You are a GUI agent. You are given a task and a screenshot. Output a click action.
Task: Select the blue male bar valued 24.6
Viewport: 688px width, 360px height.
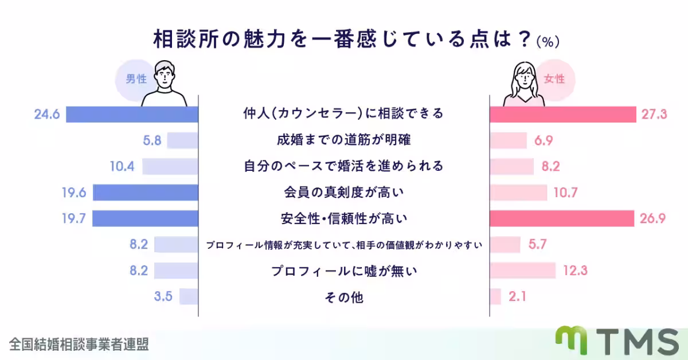(x=132, y=114)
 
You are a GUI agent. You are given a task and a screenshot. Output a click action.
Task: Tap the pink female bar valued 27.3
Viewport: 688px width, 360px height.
(x=563, y=114)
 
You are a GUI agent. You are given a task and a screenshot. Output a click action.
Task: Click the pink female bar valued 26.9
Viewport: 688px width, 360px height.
(x=562, y=218)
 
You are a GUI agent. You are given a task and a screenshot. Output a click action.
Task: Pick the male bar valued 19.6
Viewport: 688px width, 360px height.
(x=146, y=193)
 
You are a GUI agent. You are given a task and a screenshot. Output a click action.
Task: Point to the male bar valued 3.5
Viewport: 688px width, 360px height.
(x=189, y=296)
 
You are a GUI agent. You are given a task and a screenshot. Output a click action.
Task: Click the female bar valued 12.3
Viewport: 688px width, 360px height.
(x=522, y=271)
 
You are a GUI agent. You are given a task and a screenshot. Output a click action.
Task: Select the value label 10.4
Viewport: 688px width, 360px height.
(x=122, y=166)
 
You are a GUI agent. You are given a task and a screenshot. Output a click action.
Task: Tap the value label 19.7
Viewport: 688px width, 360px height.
(x=74, y=218)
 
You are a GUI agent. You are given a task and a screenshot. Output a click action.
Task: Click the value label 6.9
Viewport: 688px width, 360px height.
(x=545, y=140)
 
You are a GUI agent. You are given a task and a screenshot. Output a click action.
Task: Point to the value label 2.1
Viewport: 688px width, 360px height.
(x=517, y=296)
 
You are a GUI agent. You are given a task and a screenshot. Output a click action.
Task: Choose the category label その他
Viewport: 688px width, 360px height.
(x=343, y=297)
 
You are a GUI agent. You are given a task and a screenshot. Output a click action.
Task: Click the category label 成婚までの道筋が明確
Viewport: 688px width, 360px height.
(x=343, y=140)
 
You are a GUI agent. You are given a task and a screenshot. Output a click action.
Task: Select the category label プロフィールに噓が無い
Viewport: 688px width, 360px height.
(x=343, y=271)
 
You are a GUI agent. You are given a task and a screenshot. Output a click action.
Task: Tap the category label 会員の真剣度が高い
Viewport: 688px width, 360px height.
(x=343, y=193)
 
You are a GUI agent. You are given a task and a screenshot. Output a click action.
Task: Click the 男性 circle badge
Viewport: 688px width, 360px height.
(x=136, y=79)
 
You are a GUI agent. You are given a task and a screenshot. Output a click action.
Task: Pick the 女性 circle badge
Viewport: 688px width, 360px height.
(x=554, y=79)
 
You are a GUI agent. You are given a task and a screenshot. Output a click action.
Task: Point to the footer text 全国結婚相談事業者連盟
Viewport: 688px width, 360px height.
(x=79, y=344)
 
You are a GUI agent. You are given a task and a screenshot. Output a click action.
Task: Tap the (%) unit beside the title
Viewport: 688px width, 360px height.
(x=548, y=42)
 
